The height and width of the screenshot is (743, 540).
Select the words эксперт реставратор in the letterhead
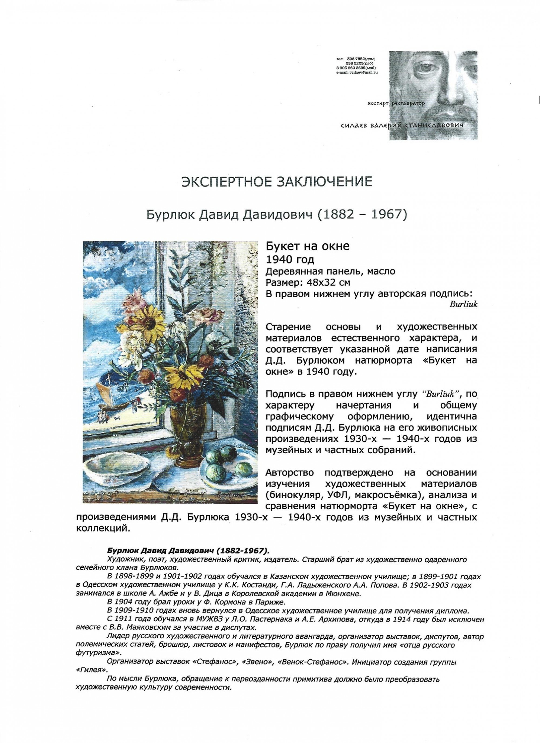396,104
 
